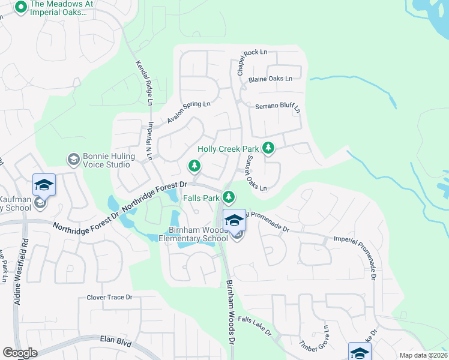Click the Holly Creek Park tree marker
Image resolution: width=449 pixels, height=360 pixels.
[x=268, y=148]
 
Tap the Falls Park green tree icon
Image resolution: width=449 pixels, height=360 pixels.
[x=228, y=197]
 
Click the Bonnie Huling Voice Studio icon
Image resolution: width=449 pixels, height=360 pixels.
[x=73, y=160]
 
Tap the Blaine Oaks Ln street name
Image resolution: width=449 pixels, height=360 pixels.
[x=271, y=79]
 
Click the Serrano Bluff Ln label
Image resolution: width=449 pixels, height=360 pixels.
[x=278, y=107]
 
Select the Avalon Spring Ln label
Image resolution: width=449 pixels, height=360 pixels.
[x=188, y=111]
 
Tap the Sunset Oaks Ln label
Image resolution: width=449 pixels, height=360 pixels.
[x=255, y=173]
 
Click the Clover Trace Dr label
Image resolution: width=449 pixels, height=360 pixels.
[x=109, y=297]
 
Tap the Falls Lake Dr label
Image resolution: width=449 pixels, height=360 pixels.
[x=255, y=326]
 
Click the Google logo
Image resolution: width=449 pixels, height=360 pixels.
[x=20, y=353]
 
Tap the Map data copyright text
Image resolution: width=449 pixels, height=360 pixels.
[x=424, y=355]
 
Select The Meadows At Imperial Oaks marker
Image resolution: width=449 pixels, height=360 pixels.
[x=20, y=8]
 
